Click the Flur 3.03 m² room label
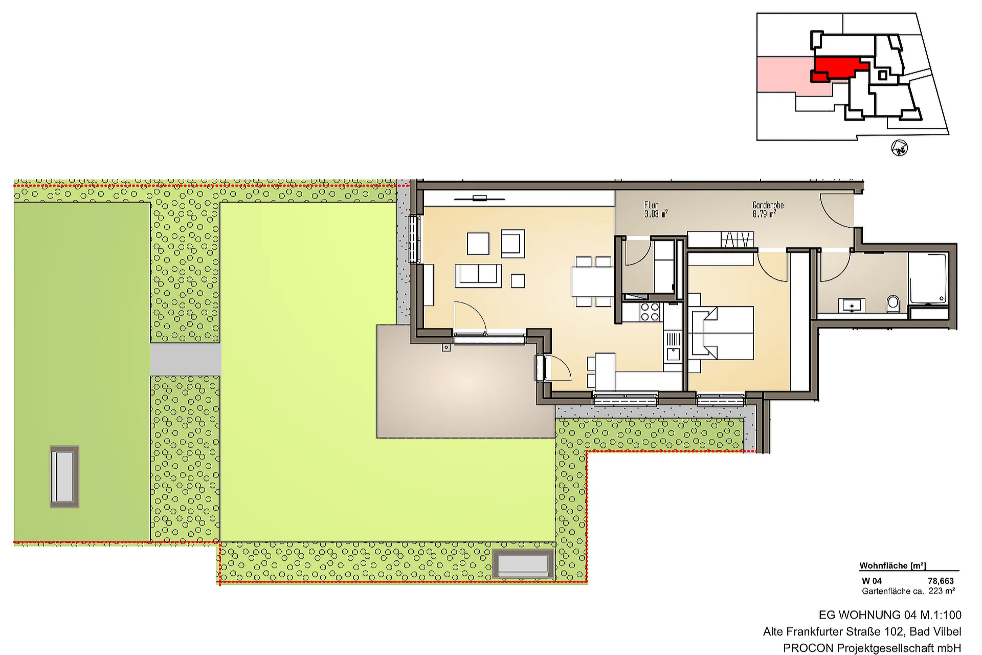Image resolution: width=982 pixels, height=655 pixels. (656, 210)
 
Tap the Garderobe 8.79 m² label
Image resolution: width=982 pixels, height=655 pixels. (768, 210)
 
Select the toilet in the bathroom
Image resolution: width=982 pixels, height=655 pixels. (893, 303)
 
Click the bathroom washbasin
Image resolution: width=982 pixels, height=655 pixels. (852, 305)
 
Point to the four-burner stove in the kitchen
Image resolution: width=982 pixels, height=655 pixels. (650, 312)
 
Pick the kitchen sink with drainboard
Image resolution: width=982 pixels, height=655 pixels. (673, 346)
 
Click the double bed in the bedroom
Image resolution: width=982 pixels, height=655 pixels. (721, 333)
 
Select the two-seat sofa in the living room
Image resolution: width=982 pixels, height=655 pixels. (478, 275)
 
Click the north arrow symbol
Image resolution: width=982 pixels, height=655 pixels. (900, 148)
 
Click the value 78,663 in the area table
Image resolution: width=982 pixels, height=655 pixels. (941, 581)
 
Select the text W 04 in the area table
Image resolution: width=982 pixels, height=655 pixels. (872, 581)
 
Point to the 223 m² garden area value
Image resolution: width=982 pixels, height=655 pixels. (942, 591)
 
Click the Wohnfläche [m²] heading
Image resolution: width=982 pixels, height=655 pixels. (892, 565)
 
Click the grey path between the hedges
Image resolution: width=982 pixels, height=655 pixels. (185, 359)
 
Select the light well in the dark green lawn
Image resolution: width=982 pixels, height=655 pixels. (64, 476)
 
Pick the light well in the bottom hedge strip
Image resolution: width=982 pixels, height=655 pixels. (523, 564)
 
